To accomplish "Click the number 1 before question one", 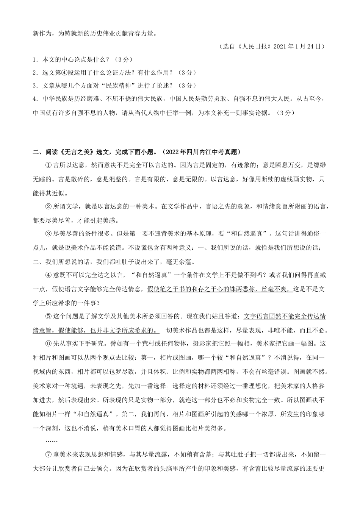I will (35, 59).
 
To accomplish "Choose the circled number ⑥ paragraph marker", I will (48, 344).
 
